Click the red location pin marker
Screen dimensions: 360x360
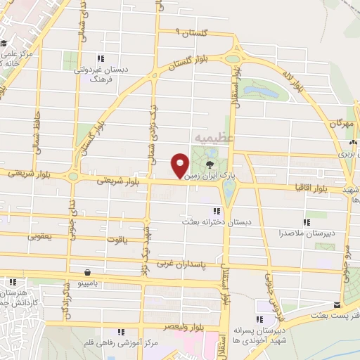[180, 166]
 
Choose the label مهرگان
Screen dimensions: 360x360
[343, 123]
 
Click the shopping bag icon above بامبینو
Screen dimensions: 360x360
[86, 272]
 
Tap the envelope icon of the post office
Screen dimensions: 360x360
[337, 304]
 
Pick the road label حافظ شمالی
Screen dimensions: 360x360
[36, 131]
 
